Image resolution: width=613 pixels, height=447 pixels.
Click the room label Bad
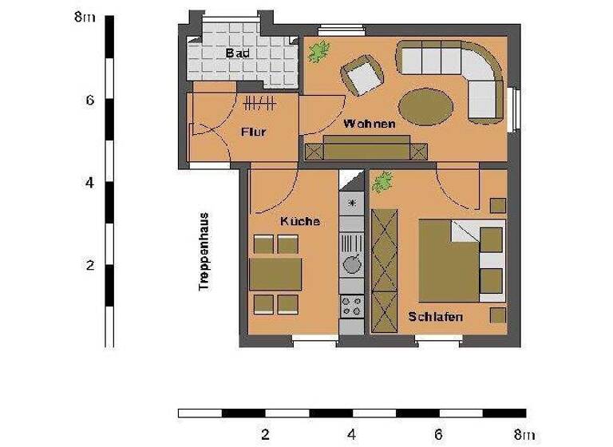(x=238, y=53)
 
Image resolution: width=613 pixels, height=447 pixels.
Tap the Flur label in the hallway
(x=253, y=133)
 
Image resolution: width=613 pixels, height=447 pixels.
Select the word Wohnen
(x=370, y=125)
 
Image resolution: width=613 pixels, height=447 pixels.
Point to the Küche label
(x=299, y=221)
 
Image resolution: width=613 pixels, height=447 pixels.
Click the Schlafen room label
(x=435, y=317)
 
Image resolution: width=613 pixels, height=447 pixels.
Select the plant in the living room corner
(x=319, y=53)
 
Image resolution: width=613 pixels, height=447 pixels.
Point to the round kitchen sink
(x=351, y=263)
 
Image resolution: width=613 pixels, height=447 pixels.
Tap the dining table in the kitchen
(x=275, y=274)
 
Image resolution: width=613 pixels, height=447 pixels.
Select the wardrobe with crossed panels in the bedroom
(x=385, y=271)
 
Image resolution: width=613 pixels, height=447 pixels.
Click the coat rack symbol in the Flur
(x=259, y=103)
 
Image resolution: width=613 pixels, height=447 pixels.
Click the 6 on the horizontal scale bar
(x=438, y=435)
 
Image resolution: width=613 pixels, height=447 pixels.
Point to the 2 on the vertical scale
(x=90, y=265)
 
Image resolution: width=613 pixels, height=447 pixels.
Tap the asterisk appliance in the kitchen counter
(x=351, y=203)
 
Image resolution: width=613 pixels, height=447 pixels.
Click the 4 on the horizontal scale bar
(x=351, y=435)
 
